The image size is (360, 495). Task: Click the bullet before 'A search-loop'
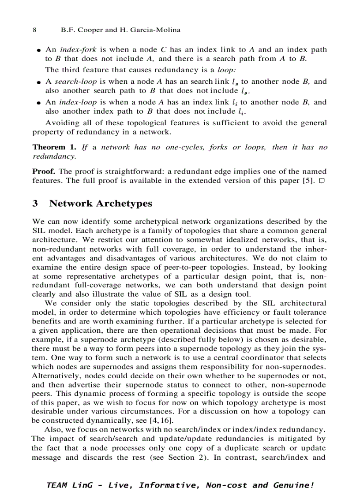click(x=39, y=82)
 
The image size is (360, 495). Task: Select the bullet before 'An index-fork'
click(x=39, y=50)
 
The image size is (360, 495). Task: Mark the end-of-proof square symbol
click(x=322, y=180)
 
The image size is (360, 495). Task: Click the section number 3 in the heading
click(x=36, y=204)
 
